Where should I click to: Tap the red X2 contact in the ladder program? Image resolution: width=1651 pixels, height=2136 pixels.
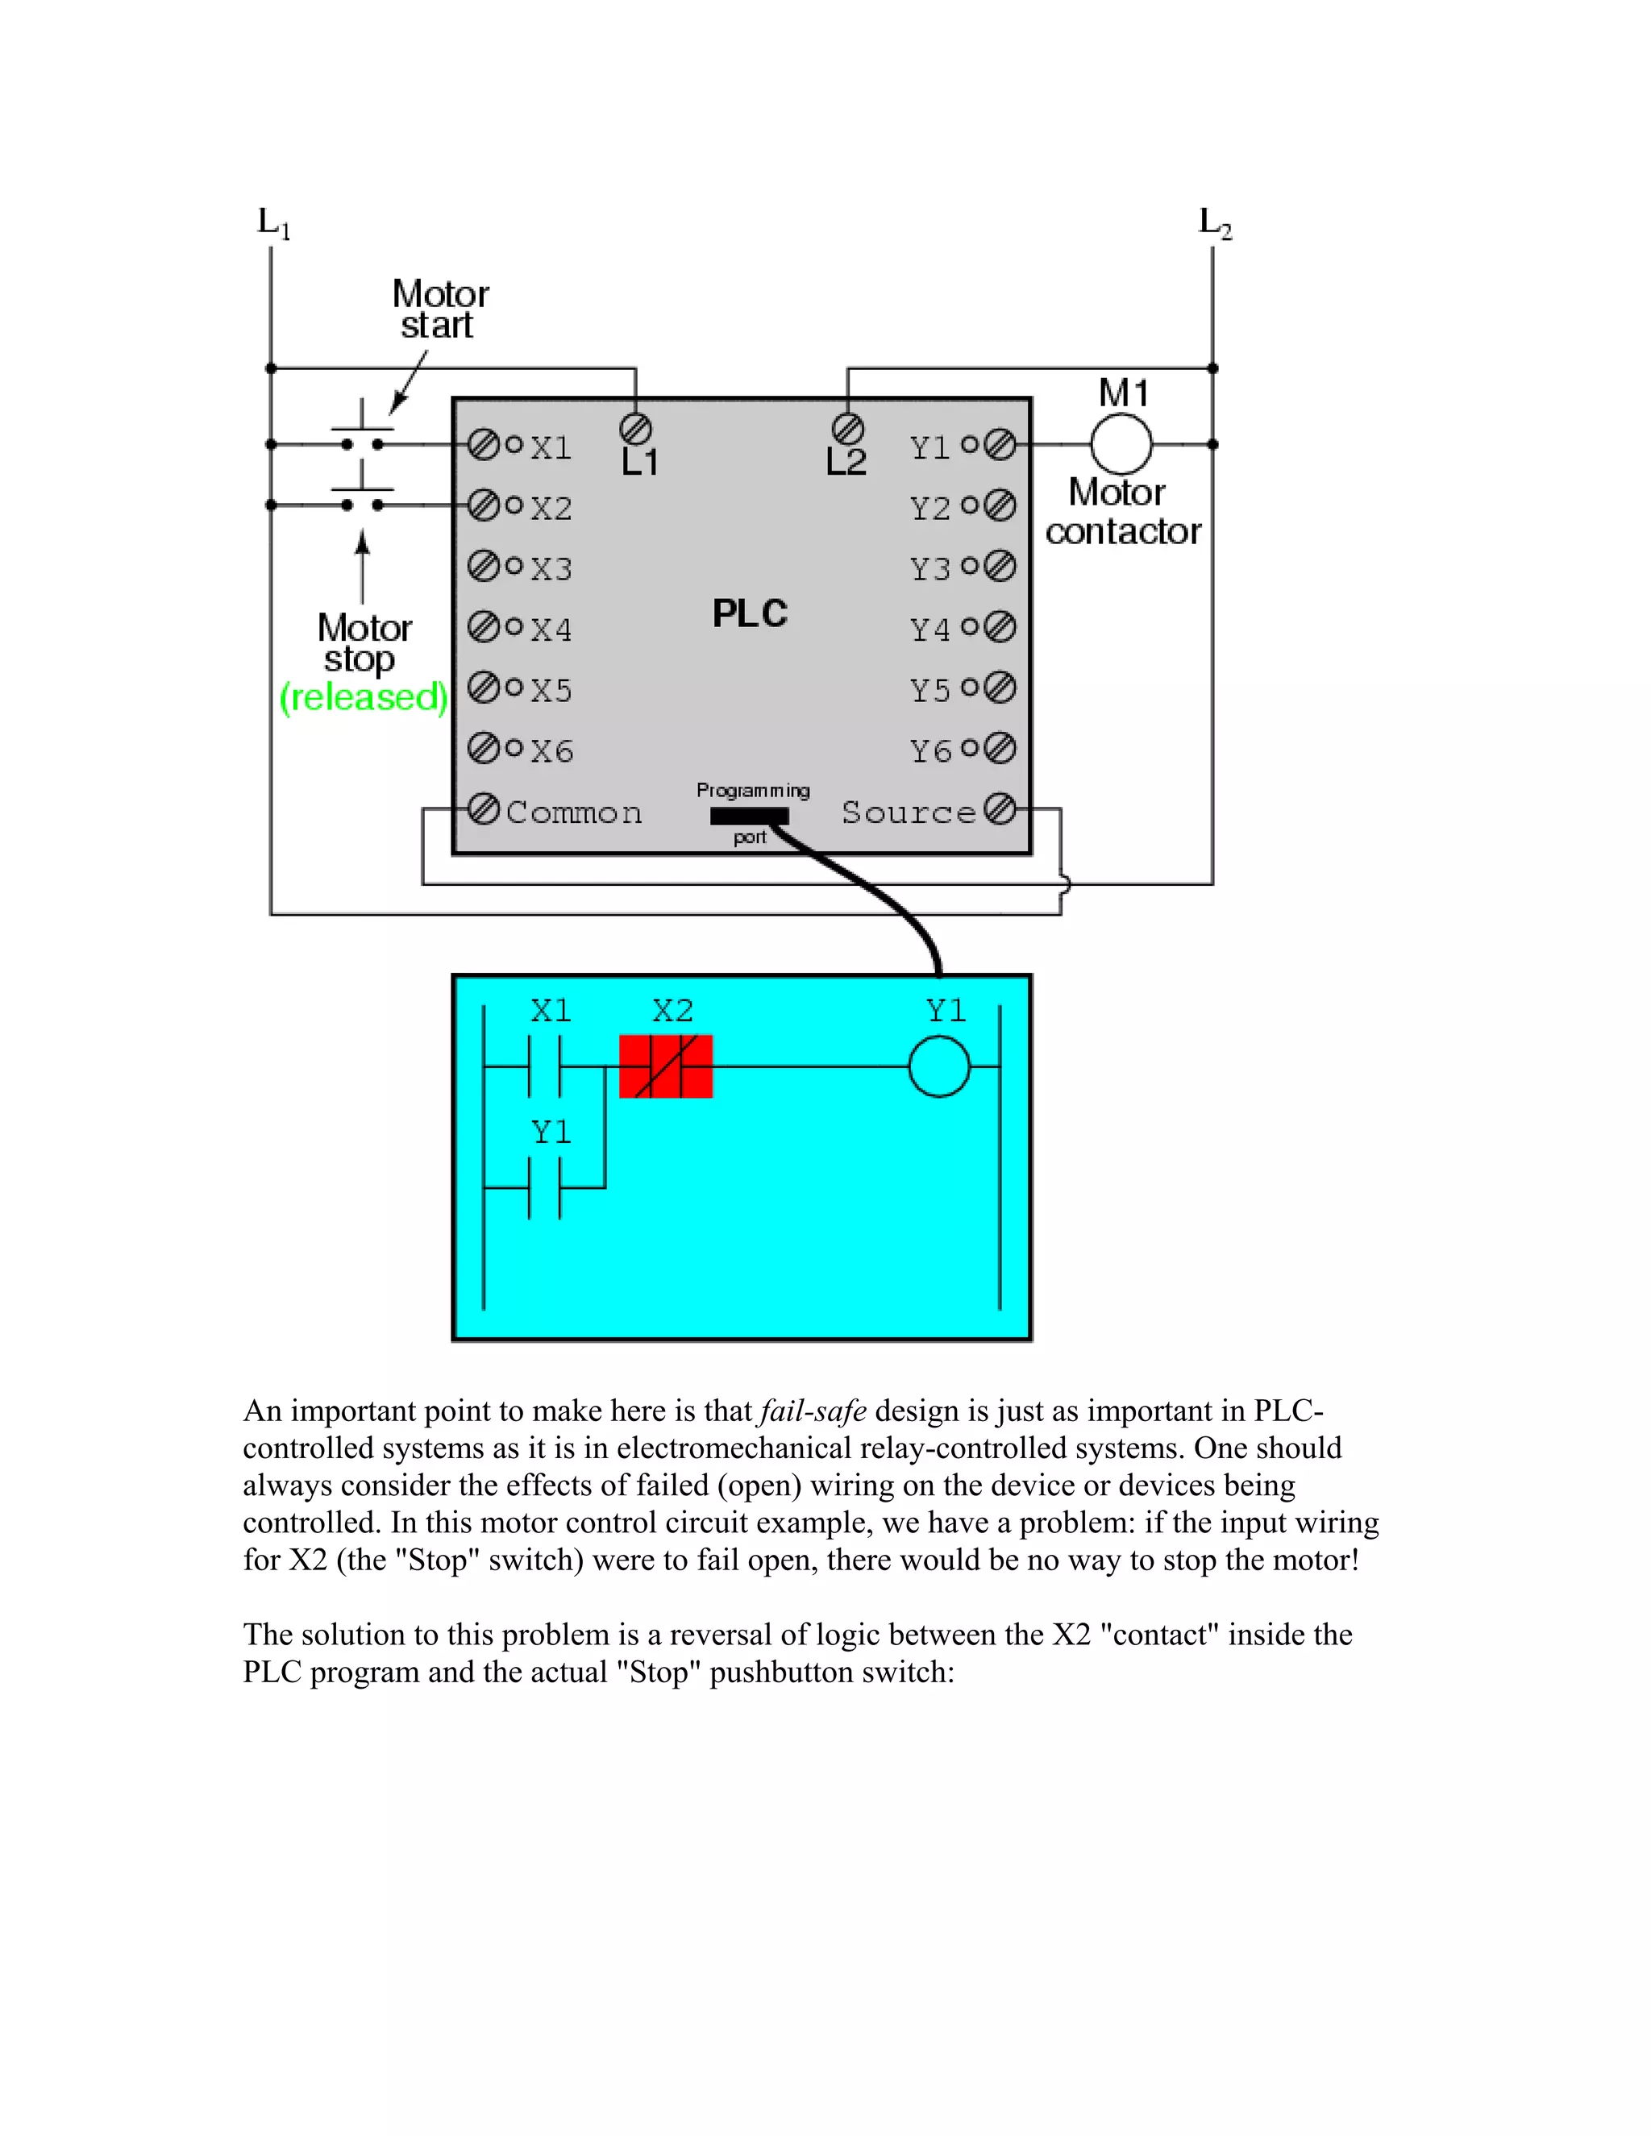[666, 1066]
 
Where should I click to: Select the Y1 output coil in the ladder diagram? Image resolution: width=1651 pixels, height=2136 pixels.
[939, 1066]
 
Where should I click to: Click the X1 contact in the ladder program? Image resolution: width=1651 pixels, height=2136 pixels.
[545, 1066]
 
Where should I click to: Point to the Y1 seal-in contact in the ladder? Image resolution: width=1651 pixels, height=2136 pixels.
[545, 1187]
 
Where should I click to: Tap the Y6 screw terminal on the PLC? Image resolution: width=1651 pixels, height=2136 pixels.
[1000, 748]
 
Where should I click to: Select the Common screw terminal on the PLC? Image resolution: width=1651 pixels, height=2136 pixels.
[483, 808]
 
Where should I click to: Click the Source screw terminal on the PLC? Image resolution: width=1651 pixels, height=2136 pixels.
[1000, 808]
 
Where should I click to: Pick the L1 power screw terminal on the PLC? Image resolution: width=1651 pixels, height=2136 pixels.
[636, 428]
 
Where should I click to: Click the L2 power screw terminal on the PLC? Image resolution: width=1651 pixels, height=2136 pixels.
[847, 428]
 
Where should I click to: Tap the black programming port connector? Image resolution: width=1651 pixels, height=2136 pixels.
[749, 816]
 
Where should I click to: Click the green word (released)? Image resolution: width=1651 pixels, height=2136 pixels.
[363, 697]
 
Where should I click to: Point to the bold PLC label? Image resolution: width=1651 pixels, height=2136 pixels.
[749, 614]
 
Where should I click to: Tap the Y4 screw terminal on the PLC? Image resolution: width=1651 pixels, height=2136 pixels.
[1000, 627]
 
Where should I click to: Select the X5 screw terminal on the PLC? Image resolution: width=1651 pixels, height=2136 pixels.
[483, 688]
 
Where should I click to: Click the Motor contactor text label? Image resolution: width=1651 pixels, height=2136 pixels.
[1122, 512]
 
